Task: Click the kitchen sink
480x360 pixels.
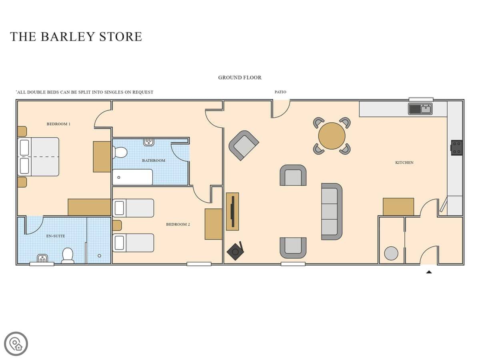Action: click(420, 109)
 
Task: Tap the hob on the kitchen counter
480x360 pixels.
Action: click(456, 148)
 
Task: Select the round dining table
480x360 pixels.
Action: click(332, 136)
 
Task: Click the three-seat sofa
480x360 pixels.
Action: click(332, 211)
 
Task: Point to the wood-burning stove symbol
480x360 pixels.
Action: click(235, 251)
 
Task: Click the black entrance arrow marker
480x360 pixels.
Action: click(429, 272)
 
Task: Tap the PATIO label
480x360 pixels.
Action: click(280, 92)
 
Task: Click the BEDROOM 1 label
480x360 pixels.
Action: click(58, 124)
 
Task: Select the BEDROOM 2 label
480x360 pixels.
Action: click(178, 224)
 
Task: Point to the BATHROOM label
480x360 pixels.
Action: click(154, 160)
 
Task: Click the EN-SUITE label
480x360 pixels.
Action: click(56, 236)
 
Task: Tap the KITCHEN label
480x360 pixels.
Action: click(404, 162)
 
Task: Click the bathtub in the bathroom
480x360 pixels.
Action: click(132, 177)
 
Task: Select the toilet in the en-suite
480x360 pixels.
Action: click(68, 255)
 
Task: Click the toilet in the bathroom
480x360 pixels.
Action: click(120, 152)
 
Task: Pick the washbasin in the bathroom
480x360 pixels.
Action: click(149, 142)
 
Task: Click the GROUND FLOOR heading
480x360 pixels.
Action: click(240, 78)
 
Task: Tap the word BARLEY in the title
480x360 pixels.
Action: click(68, 36)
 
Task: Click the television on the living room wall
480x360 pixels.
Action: click(233, 211)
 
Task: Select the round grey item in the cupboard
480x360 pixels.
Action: click(391, 253)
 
